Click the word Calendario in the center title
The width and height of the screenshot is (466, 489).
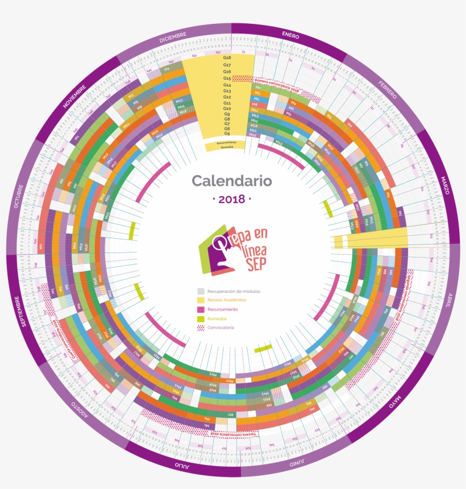231,181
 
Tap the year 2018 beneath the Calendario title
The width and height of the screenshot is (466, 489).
231,200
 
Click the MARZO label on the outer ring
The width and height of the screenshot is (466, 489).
443,180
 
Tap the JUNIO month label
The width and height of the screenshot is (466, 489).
298,463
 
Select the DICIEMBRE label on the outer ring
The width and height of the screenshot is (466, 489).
173,37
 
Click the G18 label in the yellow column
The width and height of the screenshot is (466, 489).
227,58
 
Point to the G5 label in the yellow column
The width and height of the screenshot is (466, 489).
227,134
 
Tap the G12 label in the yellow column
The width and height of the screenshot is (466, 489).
227,97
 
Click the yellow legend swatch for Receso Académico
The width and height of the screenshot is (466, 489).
201,300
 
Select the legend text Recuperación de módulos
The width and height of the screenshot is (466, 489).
234,291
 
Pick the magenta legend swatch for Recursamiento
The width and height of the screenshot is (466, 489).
201,309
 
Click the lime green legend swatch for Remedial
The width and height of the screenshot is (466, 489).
201,318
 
